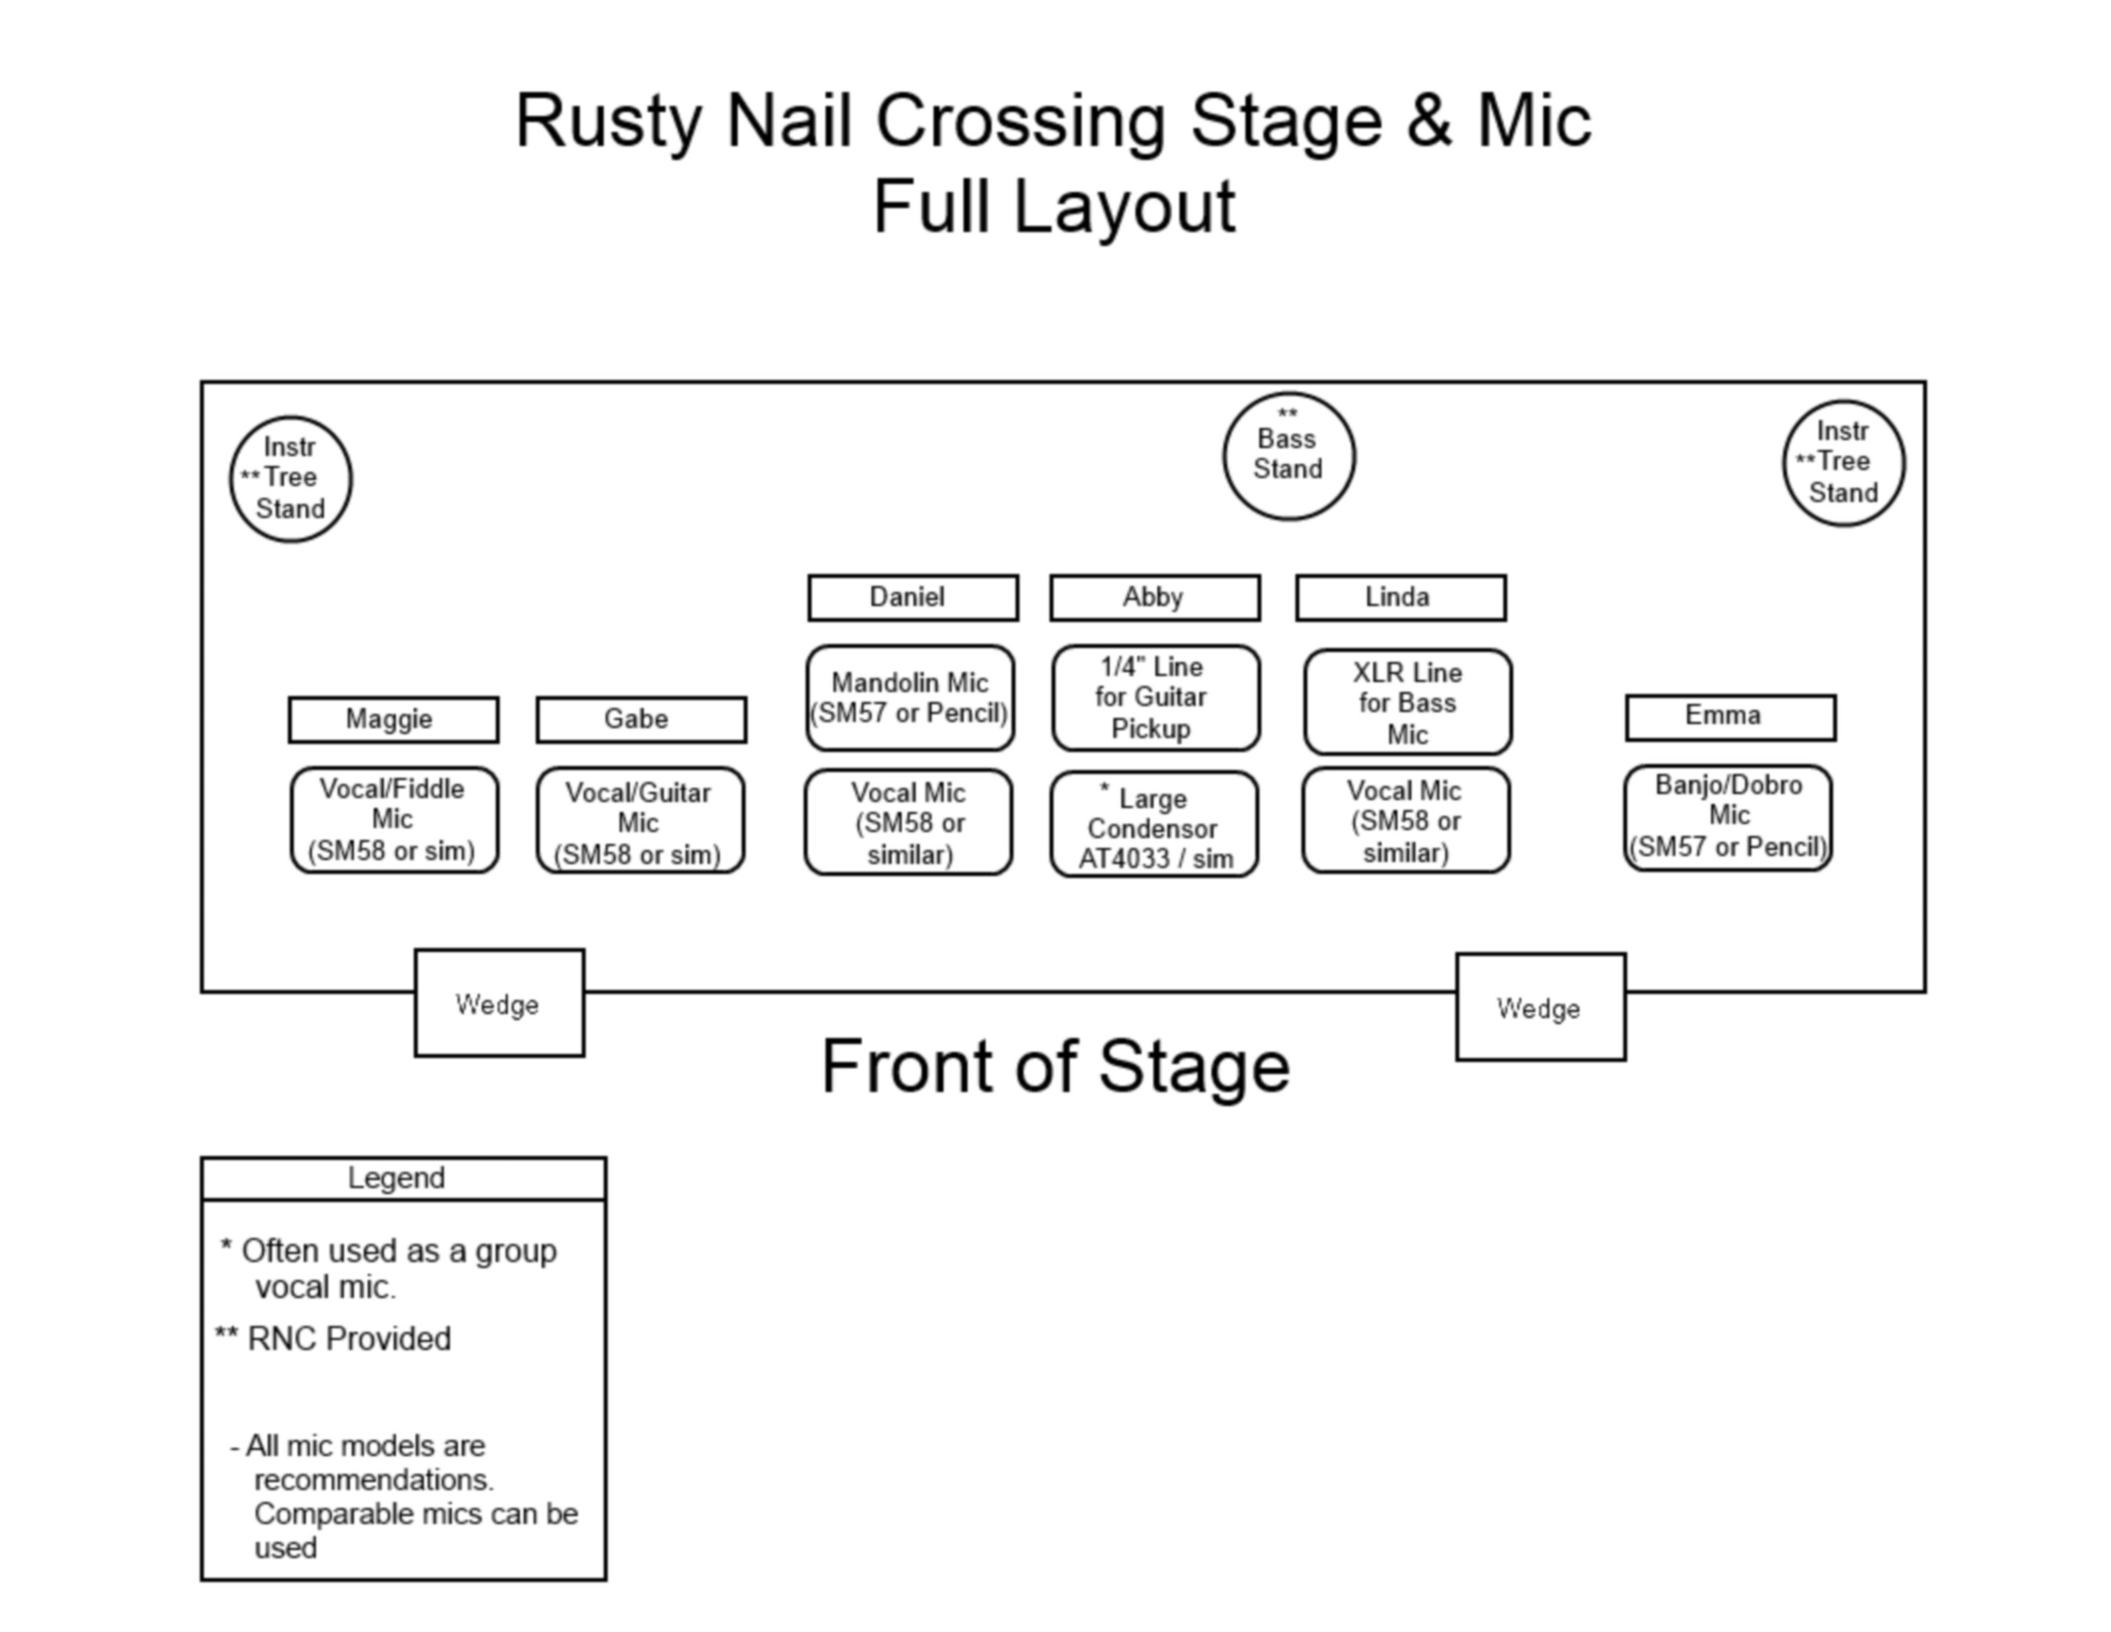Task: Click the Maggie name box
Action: coord(393,719)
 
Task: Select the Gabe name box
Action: coord(641,719)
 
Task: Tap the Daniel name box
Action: coord(912,598)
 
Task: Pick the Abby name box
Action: coord(1155,598)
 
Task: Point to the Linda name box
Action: coord(1400,598)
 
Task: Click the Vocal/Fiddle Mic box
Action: coord(394,820)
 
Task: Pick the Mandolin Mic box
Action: coord(910,698)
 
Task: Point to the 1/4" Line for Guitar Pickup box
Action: coord(1156,698)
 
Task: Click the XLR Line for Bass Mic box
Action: coord(1407,702)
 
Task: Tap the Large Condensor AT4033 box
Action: coord(1154,824)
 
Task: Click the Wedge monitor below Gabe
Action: coord(500,1003)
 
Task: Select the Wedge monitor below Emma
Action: coord(1541,1007)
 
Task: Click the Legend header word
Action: coord(397,1178)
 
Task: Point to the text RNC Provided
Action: coord(349,1338)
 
